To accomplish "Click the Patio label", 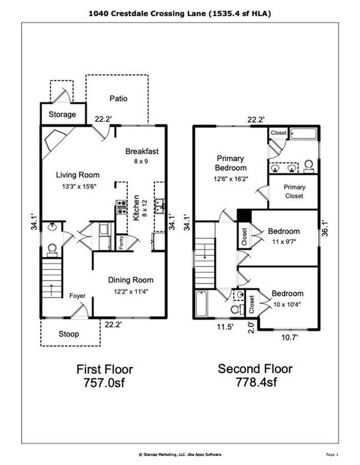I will click(118, 99).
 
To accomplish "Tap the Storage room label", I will click(62, 115).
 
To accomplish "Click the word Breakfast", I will click(142, 151).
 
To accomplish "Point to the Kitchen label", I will click(136, 208).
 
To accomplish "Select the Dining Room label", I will click(130, 280).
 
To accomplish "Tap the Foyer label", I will click(77, 296).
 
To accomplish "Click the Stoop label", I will click(69, 334).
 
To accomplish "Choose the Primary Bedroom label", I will click(231, 163).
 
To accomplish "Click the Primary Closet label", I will click(294, 192).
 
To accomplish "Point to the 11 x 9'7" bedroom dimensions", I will click(284, 241).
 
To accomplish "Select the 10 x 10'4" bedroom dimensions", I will click(287, 304).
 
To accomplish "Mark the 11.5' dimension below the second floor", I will click(225, 327).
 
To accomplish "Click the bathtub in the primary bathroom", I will click(304, 133).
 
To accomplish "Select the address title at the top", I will click(179, 12).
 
